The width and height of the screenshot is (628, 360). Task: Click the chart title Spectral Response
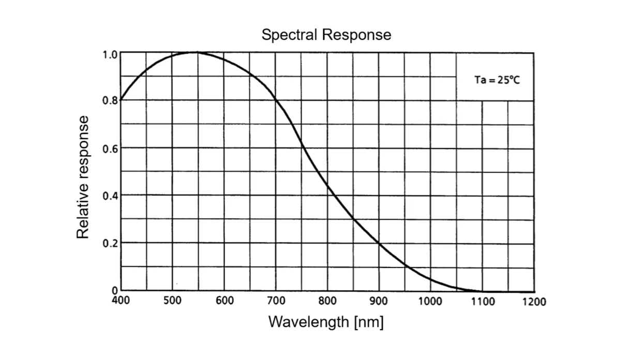[326, 35]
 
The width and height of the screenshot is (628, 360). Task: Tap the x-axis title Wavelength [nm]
[326, 322]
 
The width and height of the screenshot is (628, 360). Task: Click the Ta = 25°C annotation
[497, 81]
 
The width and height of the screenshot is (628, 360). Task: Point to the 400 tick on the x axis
[121, 300]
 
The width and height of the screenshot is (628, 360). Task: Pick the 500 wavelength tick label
[172, 301]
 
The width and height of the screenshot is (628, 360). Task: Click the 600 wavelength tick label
[225, 301]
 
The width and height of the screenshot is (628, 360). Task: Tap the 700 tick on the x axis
[276, 301]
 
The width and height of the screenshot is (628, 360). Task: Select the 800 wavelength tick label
[327, 301]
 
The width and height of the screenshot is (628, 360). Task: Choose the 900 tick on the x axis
[379, 301]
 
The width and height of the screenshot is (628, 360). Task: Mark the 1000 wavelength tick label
[430, 301]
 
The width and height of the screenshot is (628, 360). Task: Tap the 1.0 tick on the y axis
[110, 53]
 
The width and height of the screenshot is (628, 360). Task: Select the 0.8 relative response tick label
[110, 101]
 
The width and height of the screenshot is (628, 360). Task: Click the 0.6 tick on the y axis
[110, 149]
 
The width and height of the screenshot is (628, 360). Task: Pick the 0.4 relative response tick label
[110, 196]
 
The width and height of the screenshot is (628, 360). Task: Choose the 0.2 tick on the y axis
[110, 244]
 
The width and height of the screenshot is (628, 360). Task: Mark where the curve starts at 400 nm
[121, 99]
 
